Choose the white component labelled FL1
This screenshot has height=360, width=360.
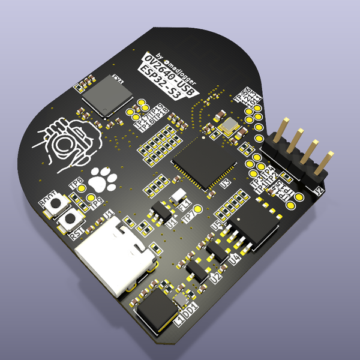point(178,196)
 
